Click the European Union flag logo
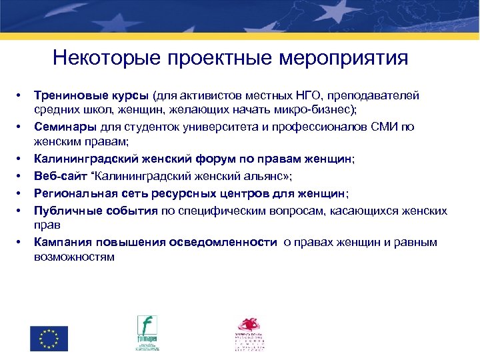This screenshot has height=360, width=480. pyautogui.click(x=49, y=339)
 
